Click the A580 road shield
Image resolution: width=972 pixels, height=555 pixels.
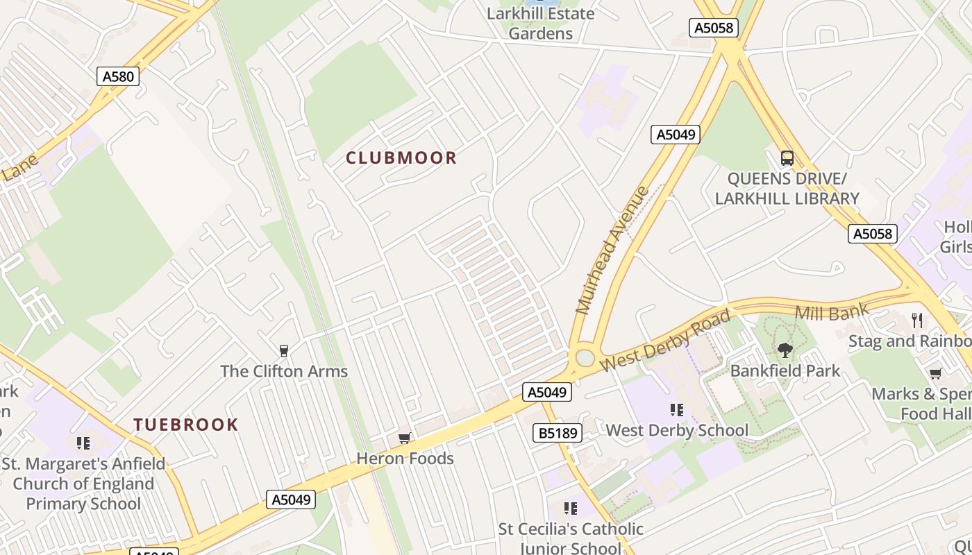pyautogui.click(x=118, y=76)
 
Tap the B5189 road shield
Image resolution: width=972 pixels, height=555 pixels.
pyautogui.click(x=558, y=433)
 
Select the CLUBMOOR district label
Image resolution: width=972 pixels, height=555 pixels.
pyautogui.click(x=401, y=158)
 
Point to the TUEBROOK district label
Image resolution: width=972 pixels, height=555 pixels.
pyautogui.click(x=185, y=425)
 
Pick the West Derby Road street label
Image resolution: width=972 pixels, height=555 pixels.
pyautogui.click(x=665, y=341)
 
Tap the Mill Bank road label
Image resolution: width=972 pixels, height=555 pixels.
pyautogui.click(x=831, y=312)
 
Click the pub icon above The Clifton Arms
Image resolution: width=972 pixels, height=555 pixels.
pyautogui.click(x=283, y=351)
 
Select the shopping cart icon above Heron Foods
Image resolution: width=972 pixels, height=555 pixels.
pyautogui.click(x=405, y=438)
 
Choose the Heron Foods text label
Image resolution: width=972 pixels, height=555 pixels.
pyautogui.click(x=405, y=459)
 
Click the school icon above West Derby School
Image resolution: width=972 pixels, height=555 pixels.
pyautogui.click(x=677, y=410)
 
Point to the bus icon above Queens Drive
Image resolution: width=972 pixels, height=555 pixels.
pyautogui.click(x=787, y=158)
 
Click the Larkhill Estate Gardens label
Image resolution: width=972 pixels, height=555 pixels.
pyautogui.click(x=541, y=24)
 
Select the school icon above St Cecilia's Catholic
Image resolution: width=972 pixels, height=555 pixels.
pyautogui.click(x=571, y=509)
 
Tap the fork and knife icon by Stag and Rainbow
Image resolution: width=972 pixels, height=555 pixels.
pyautogui.click(x=918, y=320)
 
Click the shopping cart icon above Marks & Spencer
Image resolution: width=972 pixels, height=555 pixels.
pyautogui.click(x=936, y=374)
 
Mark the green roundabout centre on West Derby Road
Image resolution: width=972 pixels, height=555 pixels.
pyautogui.click(x=585, y=358)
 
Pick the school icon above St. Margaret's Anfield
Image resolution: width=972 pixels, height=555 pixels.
pyautogui.click(x=83, y=443)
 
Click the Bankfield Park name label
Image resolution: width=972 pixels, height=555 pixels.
pyautogui.click(x=785, y=370)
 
